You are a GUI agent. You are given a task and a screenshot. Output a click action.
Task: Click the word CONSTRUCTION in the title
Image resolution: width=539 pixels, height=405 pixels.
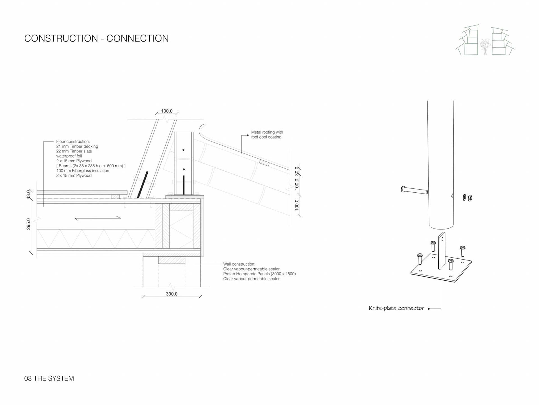tap(61, 39)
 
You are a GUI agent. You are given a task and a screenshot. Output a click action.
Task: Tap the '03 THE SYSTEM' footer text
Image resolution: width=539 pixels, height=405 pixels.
tap(49, 378)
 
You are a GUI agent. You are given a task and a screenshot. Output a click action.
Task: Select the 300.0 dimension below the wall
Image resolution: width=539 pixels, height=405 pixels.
tap(172, 294)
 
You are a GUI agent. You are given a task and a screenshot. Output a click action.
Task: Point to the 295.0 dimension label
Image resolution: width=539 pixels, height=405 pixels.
tap(28, 224)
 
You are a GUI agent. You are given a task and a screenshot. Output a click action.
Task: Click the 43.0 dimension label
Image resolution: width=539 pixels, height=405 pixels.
tap(28, 194)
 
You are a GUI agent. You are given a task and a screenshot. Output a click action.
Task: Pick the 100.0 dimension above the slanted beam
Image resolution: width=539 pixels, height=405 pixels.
tap(166, 111)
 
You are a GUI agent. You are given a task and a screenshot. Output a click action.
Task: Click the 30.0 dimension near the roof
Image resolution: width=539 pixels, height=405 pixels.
tap(297, 171)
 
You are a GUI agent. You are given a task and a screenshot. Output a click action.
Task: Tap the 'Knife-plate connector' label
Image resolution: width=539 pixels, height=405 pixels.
tap(396, 308)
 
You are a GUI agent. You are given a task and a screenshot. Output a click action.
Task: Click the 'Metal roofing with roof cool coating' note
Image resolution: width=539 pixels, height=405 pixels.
tap(267, 134)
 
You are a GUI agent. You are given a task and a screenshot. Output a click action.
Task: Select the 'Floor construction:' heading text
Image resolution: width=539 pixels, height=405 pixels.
tap(73, 141)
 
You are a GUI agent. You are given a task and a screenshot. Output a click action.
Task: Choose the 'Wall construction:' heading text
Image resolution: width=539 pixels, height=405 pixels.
tap(239, 264)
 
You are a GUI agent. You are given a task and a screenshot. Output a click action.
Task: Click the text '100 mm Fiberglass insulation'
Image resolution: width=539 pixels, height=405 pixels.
tap(83, 171)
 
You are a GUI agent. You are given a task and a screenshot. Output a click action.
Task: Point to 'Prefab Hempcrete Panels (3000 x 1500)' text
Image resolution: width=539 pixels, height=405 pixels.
tap(259, 274)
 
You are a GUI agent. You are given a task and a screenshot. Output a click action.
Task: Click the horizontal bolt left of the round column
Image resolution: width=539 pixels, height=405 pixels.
tap(414, 190)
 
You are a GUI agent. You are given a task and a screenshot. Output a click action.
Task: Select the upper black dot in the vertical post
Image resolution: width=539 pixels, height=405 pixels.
tap(183, 150)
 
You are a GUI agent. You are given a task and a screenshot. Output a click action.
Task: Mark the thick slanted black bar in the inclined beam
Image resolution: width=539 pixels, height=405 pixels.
tap(143, 184)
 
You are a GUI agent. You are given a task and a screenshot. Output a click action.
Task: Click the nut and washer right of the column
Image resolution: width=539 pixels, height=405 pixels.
tap(467, 198)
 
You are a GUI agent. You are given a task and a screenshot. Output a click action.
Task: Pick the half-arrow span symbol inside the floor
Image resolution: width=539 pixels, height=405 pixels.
tap(98, 218)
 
